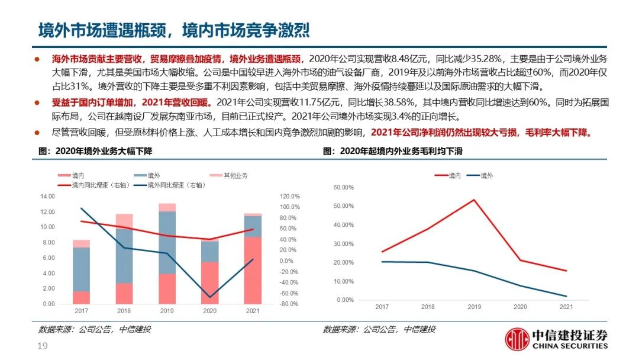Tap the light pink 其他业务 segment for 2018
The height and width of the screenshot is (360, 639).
click(x=124, y=221)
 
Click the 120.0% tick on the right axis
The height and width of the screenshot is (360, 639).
click(x=290, y=196)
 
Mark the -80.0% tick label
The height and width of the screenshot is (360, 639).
click(x=289, y=304)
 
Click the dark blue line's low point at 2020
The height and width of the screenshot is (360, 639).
click(x=209, y=297)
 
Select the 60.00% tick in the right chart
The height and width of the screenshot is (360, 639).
click(x=343, y=188)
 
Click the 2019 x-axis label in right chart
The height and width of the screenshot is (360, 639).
click(x=475, y=307)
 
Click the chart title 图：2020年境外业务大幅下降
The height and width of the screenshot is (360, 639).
click(x=95, y=152)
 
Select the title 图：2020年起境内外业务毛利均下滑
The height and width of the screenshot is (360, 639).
click(x=393, y=152)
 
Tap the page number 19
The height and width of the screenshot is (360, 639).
click(x=42, y=346)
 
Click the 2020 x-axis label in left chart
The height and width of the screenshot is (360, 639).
click(x=209, y=311)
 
